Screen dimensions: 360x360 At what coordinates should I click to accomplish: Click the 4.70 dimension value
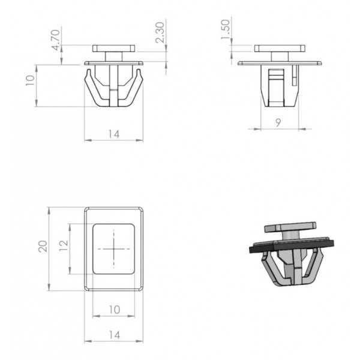56,40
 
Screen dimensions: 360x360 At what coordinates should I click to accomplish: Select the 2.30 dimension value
160,32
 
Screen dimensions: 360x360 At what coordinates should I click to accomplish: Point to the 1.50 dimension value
226,29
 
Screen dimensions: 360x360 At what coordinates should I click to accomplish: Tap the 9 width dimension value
278,122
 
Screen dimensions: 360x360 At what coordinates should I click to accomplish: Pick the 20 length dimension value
43,247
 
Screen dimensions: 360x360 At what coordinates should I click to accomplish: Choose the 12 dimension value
64,245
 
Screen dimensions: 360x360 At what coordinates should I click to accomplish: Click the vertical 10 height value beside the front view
30,80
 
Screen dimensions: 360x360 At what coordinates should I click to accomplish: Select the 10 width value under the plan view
115,310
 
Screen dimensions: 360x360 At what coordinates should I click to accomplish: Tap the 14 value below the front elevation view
114,134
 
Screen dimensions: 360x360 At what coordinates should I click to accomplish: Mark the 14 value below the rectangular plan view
115,335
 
